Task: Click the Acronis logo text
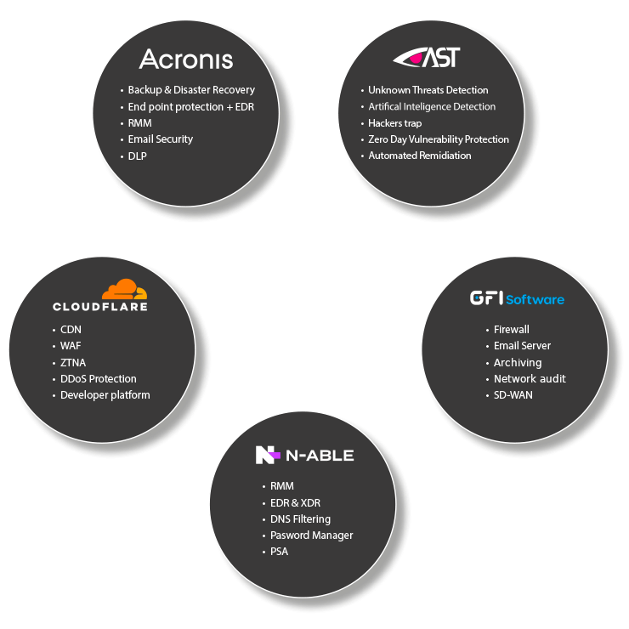[185, 59]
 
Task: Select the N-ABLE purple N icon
[267, 455]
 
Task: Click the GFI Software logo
[517, 298]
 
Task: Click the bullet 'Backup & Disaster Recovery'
[191, 89]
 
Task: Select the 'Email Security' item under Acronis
[160, 139]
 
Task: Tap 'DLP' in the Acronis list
[137, 156]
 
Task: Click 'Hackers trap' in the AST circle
[394, 122]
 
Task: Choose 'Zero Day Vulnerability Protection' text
[438, 139]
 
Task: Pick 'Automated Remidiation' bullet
[419, 156]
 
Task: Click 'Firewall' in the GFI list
[511, 329]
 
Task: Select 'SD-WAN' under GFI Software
[513, 395]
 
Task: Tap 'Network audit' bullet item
[529, 378]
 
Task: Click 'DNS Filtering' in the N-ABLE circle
[300, 518]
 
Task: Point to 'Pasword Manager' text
[311, 535]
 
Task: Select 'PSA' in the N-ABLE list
[279, 552]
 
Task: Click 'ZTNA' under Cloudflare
[73, 362]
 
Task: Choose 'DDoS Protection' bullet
[98, 378]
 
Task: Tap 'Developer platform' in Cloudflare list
[105, 394]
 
